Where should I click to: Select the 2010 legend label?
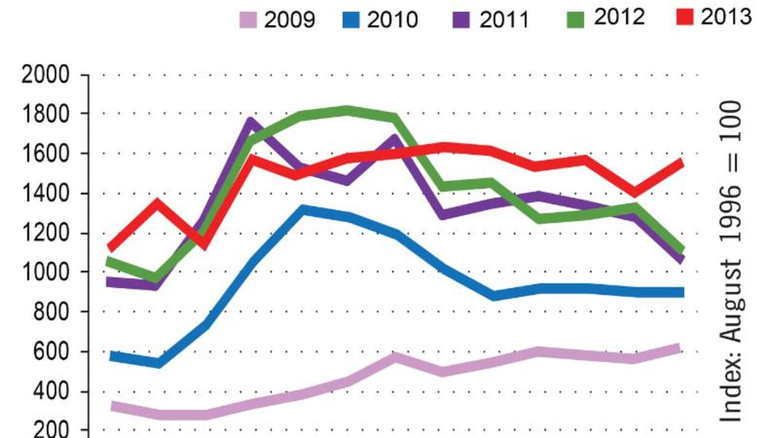[x=392, y=19]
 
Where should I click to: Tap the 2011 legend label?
[x=503, y=19]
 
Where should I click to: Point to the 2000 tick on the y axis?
[x=46, y=76]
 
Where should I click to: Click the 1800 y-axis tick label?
[x=46, y=114]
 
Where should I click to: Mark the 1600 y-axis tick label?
[x=46, y=154]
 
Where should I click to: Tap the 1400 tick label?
[x=46, y=194]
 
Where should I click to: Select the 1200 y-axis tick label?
[x=46, y=233]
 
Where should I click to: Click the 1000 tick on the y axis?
[x=46, y=273]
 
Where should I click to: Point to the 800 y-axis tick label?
[x=52, y=313]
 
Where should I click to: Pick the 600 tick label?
[x=52, y=352]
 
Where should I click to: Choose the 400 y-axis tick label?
[x=52, y=392]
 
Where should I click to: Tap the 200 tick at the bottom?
[x=52, y=430]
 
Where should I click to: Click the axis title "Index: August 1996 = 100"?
[x=731, y=262]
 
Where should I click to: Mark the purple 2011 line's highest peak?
[x=251, y=122]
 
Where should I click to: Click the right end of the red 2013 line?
[x=680, y=162]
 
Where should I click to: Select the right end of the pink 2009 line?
[x=679, y=348]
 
